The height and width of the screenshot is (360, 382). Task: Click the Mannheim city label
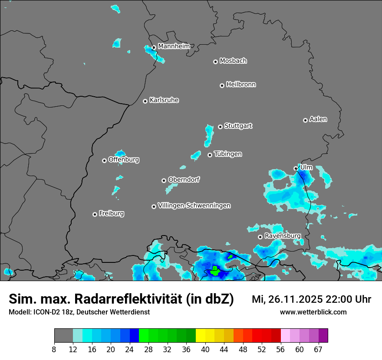(x=174, y=46)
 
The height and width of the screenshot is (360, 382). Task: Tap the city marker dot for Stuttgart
(x=221, y=127)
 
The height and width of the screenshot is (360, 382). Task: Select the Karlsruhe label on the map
(x=164, y=100)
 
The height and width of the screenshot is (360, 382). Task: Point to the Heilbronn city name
(x=241, y=85)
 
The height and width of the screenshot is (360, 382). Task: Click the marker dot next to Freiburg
(x=95, y=214)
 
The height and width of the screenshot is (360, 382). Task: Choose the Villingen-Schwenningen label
(x=194, y=206)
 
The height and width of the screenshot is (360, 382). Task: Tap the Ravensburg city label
(x=282, y=236)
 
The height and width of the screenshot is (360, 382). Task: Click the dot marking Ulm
(x=296, y=168)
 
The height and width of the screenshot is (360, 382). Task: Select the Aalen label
(x=318, y=119)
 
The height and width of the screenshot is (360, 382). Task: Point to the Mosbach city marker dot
(x=215, y=62)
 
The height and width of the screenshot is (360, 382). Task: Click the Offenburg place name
(x=124, y=160)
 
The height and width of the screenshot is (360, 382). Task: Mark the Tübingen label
(x=228, y=154)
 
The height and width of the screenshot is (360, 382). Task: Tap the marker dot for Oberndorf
(x=164, y=180)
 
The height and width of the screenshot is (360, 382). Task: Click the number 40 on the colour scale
(x=205, y=349)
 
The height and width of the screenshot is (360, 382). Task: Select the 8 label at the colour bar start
(x=54, y=349)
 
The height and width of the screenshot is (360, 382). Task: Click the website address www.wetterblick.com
(x=313, y=312)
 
